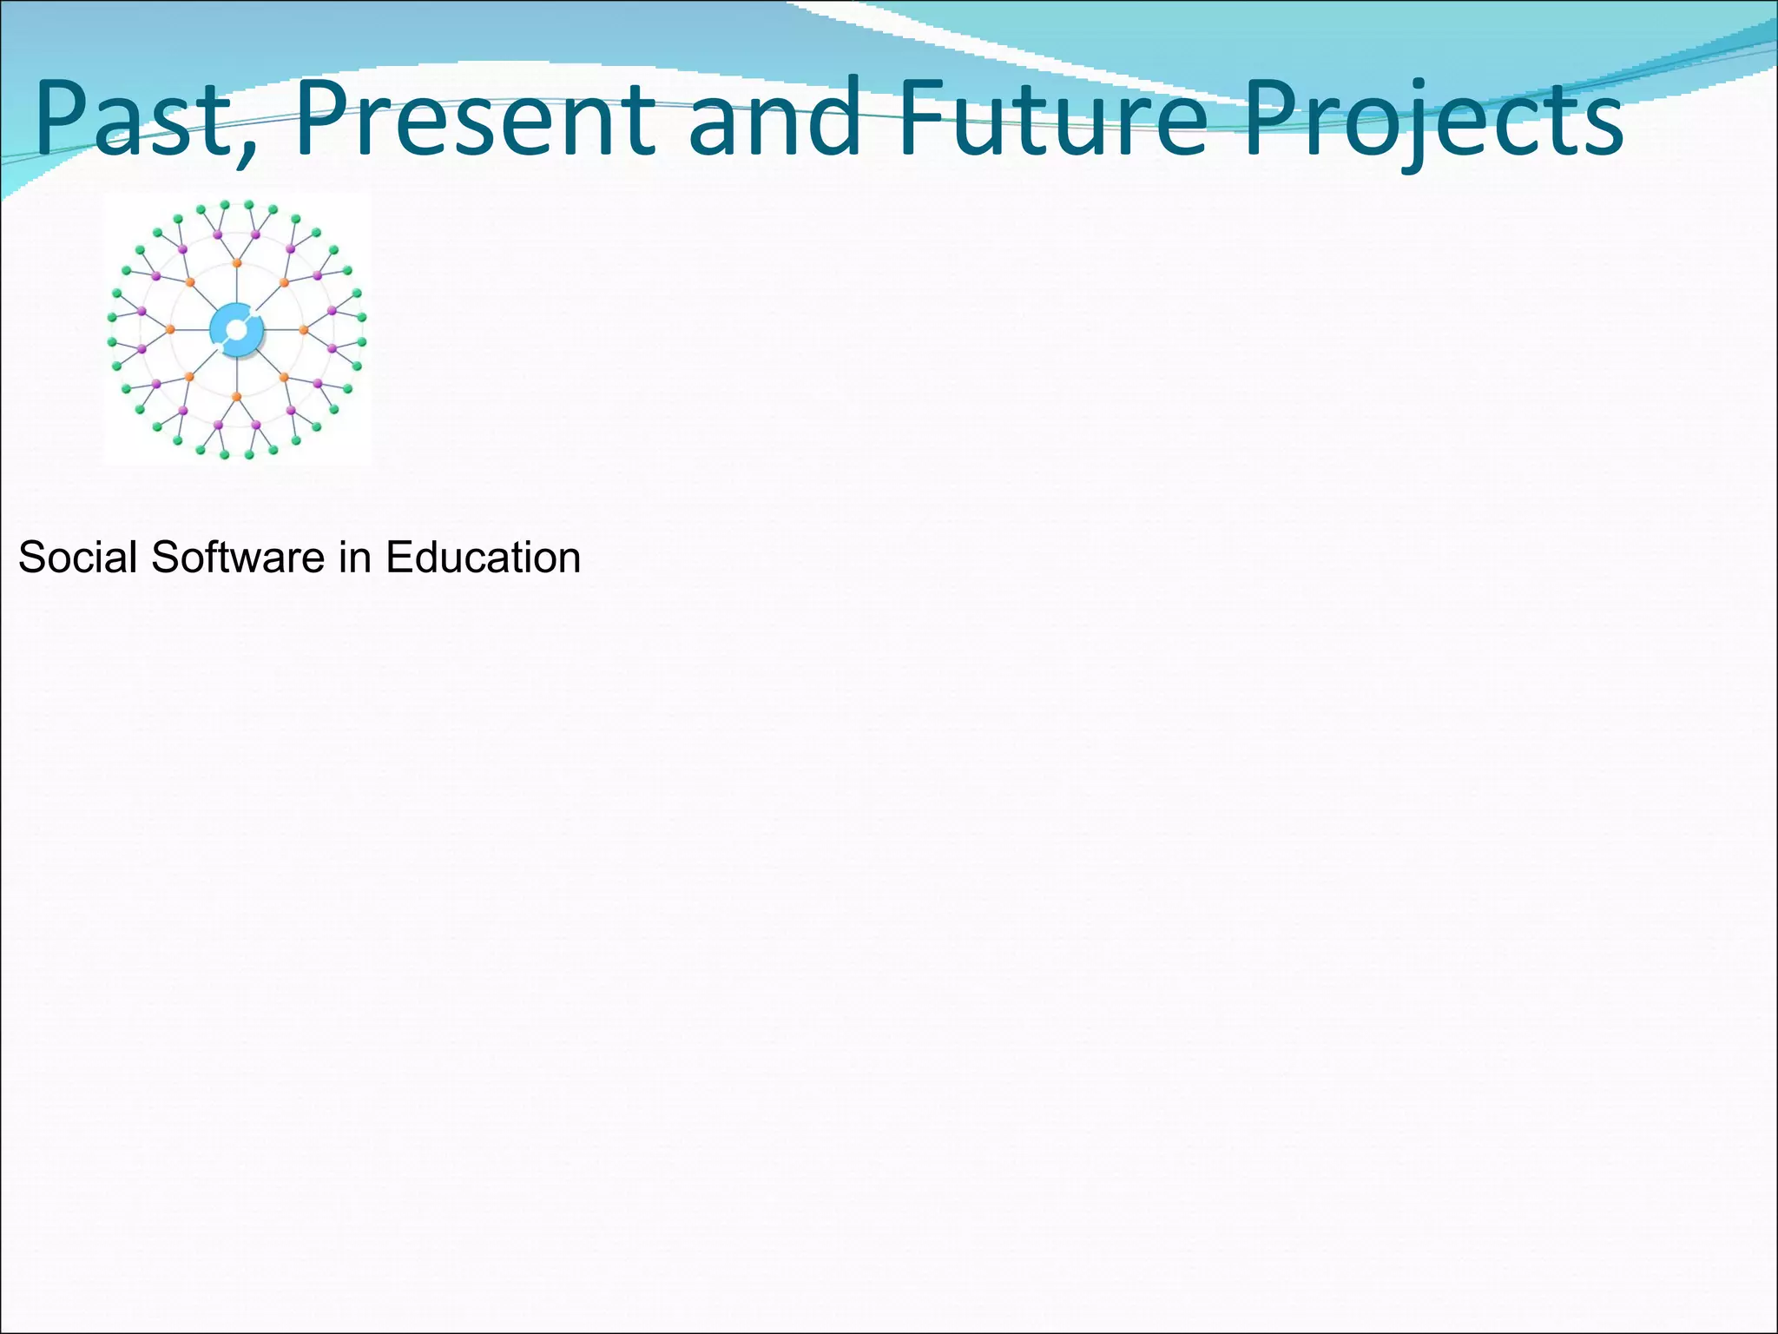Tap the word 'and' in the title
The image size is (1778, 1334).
click(x=774, y=118)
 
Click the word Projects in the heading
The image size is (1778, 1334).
click(x=1432, y=122)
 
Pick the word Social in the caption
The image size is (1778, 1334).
click(x=78, y=557)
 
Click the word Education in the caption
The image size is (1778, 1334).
click(x=483, y=557)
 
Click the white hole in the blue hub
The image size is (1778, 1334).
click(x=236, y=330)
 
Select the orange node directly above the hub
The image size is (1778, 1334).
click(x=237, y=262)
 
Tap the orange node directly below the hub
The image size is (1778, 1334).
click(x=237, y=397)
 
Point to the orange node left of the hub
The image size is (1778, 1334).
click(x=170, y=329)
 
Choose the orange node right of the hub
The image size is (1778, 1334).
click(x=304, y=329)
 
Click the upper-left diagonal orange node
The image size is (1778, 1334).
click(x=190, y=282)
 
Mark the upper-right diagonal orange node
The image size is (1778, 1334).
click(x=284, y=282)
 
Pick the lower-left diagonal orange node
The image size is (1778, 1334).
click(x=190, y=377)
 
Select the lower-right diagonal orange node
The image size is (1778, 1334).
click(x=284, y=377)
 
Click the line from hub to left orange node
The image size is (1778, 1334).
click(x=192, y=329)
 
